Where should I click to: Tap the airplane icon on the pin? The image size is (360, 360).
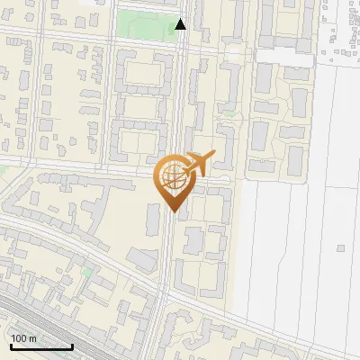point(199,164)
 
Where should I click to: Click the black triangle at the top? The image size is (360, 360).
point(181,24)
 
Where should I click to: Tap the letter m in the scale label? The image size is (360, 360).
point(32,338)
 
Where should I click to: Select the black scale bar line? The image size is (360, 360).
point(40,346)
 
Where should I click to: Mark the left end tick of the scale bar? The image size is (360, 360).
point(10,345)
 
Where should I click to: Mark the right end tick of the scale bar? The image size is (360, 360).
point(72,345)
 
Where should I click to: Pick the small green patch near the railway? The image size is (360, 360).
point(87,271)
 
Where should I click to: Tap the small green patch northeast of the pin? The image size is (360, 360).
point(229,115)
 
